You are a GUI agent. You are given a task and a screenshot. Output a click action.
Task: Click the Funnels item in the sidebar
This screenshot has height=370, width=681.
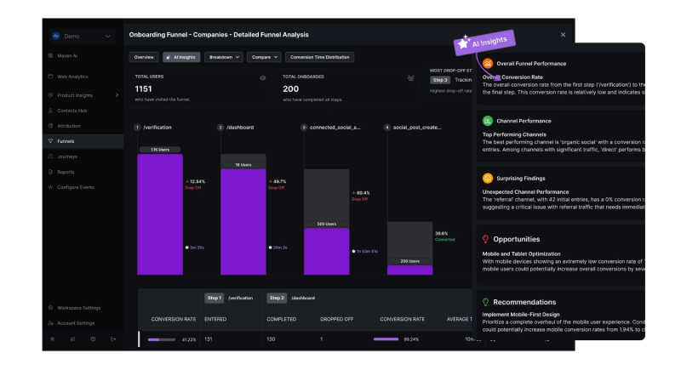coord(66,141)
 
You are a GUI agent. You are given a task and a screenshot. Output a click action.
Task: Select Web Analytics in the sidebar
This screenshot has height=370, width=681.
coord(74,77)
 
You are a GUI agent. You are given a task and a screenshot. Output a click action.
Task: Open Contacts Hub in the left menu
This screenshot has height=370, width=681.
coord(74,111)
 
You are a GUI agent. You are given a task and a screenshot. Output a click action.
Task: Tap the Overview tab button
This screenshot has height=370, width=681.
coord(144,58)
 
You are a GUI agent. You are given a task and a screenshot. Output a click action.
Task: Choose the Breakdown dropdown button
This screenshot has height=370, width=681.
coord(225,58)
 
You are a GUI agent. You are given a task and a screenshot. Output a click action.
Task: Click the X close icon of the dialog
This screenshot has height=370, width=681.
coord(563,35)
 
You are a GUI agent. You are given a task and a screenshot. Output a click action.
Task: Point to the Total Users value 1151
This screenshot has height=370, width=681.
coord(143,88)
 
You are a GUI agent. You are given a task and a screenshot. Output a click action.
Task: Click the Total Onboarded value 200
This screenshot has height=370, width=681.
coord(291,88)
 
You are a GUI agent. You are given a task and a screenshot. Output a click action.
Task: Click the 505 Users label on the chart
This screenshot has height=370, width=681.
coord(326,225)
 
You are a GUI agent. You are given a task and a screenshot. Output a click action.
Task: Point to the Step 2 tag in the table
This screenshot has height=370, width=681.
coord(276,299)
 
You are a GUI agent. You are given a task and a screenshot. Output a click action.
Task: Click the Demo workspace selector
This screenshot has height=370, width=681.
coord(82,37)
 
